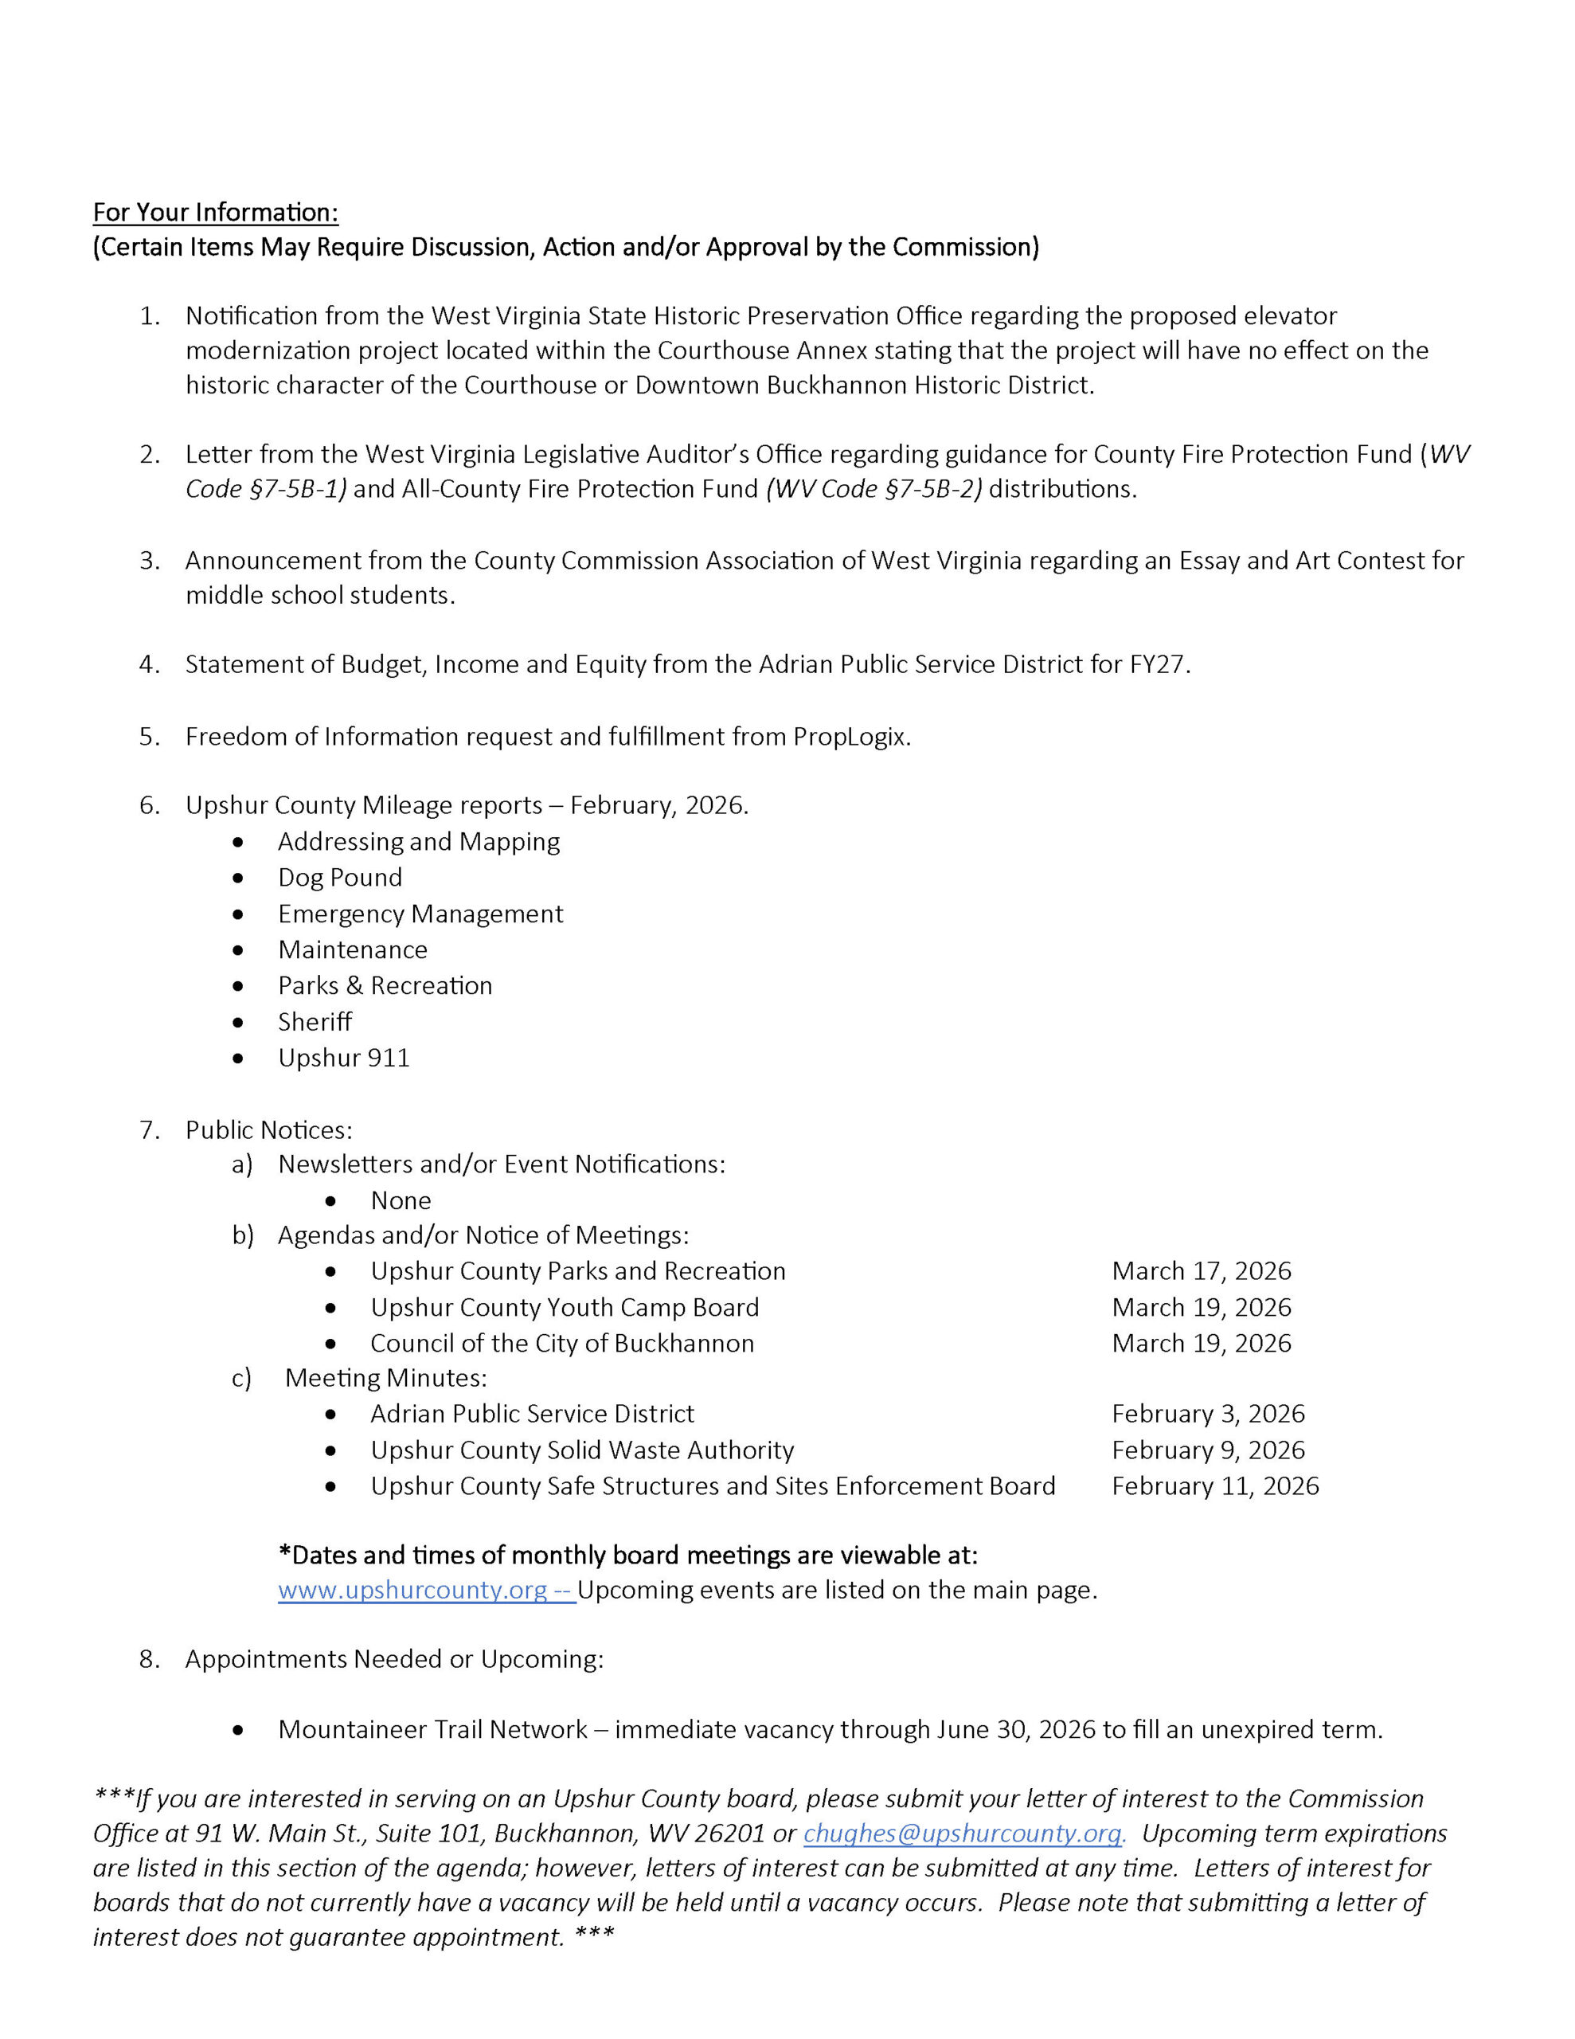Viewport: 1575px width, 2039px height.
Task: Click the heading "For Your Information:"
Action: pos(215,213)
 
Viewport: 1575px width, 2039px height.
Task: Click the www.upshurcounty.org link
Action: pos(412,1590)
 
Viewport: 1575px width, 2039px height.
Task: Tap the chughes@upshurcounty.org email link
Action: pos(962,1834)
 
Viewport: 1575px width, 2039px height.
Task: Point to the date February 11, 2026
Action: pos(1214,1486)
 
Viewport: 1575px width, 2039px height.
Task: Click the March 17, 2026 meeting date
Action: pos(1201,1271)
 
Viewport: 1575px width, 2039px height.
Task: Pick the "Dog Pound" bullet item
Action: pos(340,878)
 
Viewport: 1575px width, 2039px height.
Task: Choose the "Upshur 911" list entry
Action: pos(343,1058)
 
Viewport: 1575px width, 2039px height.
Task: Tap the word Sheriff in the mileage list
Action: pos(315,1023)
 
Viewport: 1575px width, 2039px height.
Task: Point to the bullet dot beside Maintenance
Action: pos(239,950)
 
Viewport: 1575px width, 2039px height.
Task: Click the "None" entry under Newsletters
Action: pos(401,1200)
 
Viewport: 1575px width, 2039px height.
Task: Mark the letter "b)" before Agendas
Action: pos(243,1236)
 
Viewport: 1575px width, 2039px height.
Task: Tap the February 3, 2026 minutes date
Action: pos(1207,1415)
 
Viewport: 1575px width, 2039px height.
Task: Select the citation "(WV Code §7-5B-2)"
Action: pos(873,489)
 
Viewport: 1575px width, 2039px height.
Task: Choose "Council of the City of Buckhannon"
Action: pos(562,1344)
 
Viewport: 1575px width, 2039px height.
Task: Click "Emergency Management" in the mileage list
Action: pos(420,914)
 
